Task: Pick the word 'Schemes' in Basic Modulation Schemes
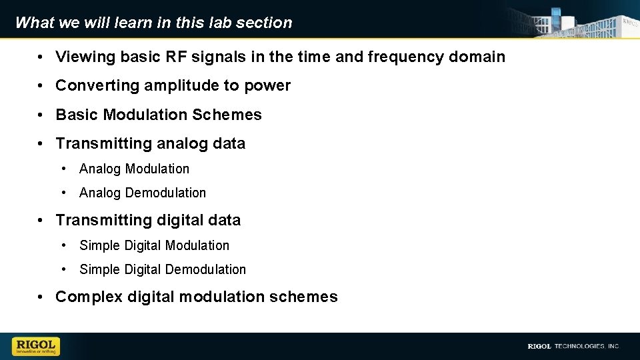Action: pos(227,115)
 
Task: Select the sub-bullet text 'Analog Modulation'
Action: pos(134,169)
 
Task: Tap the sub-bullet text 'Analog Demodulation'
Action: pos(143,193)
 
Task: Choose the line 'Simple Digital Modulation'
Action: pos(154,245)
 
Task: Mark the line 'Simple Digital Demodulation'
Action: pos(163,269)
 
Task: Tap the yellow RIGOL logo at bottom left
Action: pos(36,346)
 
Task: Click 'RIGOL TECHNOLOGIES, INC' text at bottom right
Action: pos(573,346)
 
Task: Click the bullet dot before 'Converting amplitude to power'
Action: pos(41,86)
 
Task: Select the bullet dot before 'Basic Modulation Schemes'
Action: pos(41,115)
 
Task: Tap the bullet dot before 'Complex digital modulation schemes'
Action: pos(41,297)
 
